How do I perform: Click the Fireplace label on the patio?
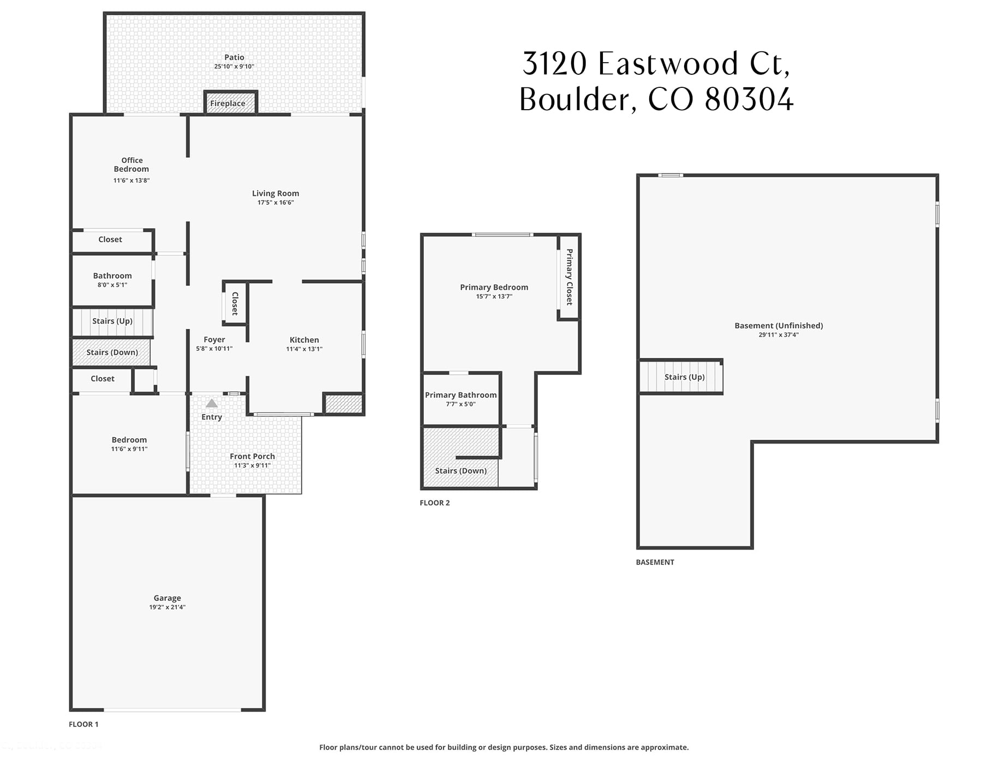tap(227, 103)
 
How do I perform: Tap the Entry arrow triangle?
tap(212, 403)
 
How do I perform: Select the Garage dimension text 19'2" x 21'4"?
tap(167, 607)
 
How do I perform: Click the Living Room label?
tap(275, 193)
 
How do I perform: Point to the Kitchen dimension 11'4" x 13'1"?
tap(304, 349)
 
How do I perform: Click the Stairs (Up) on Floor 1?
tap(112, 321)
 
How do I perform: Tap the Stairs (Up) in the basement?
tap(684, 377)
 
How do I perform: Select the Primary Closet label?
tap(569, 277)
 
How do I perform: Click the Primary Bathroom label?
tap(460, 395)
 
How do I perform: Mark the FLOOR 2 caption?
tap(434, 503)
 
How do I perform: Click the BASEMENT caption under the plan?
tap(655, 562)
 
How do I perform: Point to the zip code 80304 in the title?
tap(749, 99)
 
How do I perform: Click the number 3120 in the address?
tap(554, 64)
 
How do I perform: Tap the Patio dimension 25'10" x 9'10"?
tap(234, 67)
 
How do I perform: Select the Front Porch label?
tap(252, 456)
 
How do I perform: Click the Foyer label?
tap(214, 339)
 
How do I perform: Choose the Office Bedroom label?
tap(131, 164)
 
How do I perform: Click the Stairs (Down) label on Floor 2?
tap(460, 470)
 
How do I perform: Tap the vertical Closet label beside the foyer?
tap(235, 303)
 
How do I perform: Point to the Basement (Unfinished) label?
tap(779, 325)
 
